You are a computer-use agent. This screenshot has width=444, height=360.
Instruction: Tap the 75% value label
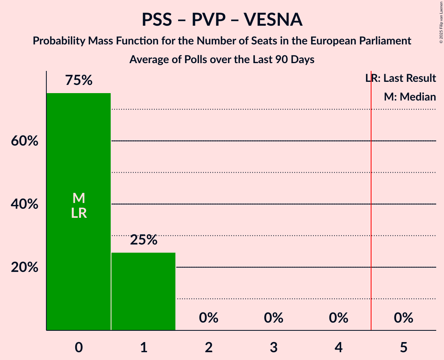tap(79, 81)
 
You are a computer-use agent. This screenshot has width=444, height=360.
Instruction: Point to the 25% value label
tap(143, 240)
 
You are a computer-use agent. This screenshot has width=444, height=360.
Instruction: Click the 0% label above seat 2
tap(209, 318)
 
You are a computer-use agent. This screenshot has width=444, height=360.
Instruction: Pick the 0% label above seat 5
tap(403, 318)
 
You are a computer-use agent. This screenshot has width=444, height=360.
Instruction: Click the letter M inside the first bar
tap(79, 198)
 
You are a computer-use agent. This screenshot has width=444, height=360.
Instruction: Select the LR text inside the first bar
tap(79, 213)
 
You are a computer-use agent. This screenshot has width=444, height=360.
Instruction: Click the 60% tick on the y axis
tap(25, 141)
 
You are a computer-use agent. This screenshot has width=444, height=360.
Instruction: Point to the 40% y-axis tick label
tap(25, 204)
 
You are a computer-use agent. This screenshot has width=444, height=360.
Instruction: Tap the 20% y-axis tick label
tap(25, 268)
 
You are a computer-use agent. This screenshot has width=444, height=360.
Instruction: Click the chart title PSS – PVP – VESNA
tap(222, 20)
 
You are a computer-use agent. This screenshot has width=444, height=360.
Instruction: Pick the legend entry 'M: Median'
tap(410, 97)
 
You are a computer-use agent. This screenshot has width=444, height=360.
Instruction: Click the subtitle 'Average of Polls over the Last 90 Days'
tap(222, 60)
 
